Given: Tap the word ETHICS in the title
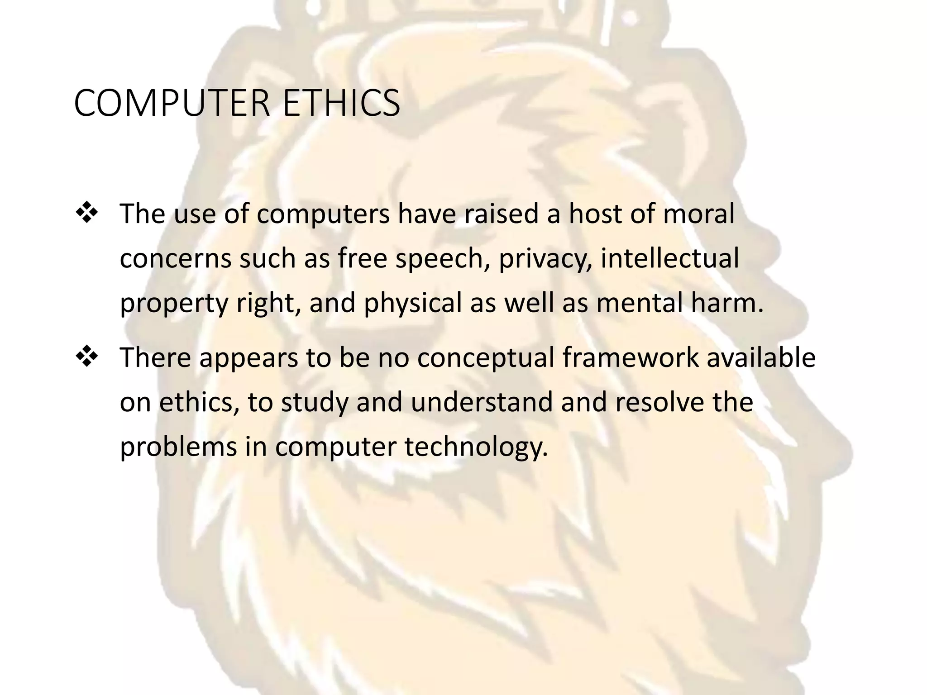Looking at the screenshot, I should [341, 104].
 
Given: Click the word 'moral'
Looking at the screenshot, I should [698, 214].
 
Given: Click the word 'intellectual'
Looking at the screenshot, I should [669, 258].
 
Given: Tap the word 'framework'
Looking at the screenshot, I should [631, 357].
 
